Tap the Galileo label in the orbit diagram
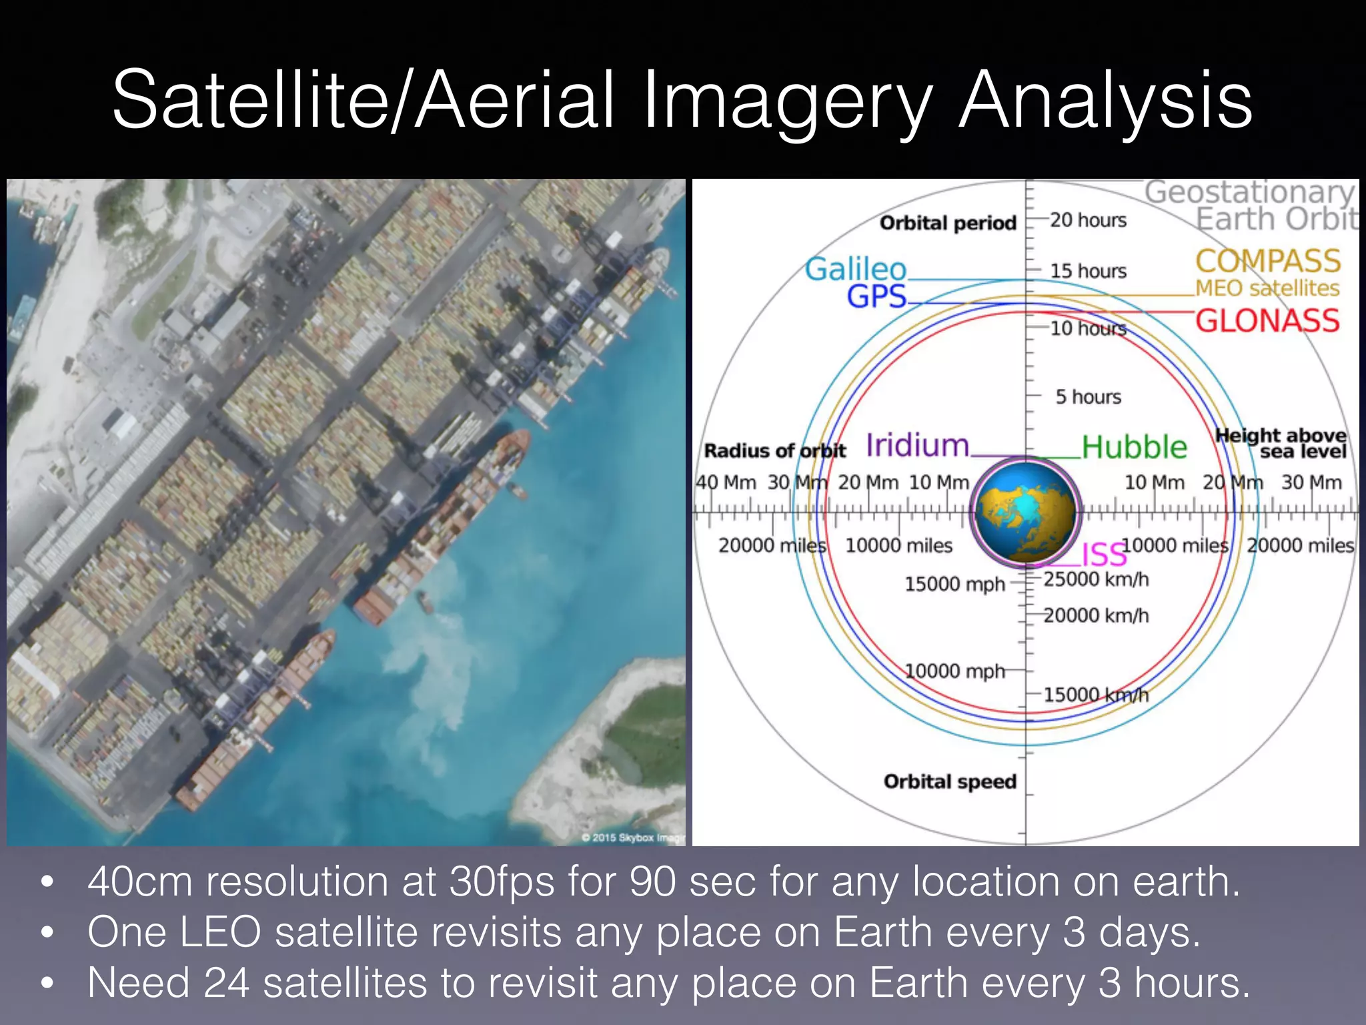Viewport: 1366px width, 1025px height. point(855,269)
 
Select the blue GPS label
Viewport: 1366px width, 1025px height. point(876,296)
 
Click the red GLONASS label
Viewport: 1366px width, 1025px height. point(1267,321)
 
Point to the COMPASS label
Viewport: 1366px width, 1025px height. point(1267,261)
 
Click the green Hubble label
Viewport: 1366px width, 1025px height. point(1134,447)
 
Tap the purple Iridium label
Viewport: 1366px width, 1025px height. point(917,445)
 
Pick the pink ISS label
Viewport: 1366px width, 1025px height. point(1103,555)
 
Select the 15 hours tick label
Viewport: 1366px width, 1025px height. point(1088,271)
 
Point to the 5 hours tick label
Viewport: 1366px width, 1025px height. point(1088,397)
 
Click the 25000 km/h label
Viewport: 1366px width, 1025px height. point(1096,579)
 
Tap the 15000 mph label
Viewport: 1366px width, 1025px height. point(954,585)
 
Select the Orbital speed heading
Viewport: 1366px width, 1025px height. point(950,781)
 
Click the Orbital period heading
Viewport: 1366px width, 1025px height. point(948,223)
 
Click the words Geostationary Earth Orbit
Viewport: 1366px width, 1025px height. point(1251,206)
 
